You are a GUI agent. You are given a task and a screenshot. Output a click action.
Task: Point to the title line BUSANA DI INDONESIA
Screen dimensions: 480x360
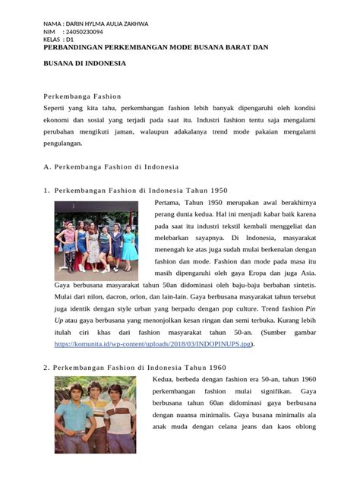pyautogui.click(x=84, y=65)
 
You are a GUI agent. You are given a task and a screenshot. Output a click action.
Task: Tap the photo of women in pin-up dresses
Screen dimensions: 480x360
pyautogui.click(x=96, y=236)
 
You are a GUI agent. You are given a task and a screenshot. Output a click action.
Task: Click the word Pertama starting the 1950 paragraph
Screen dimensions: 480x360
pyautogui.click(x=169, y=204)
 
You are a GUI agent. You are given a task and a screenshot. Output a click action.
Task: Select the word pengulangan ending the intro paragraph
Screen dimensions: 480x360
pyautogui.click(x=67, y=143)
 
